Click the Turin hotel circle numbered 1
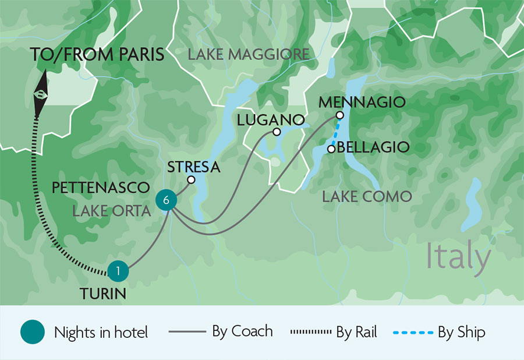[x=118, y=270]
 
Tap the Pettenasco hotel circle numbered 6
[x=167, y=200]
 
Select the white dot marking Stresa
[x=190, y=179]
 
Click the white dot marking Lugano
[x=277, y=132]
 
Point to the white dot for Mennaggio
[x=339, y=115]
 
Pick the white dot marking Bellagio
[x=331, y=149]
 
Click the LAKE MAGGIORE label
[x=248, y=55]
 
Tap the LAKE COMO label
[x=367, y=196]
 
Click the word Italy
[x=458, y=256]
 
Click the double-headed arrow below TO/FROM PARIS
[x=40, y=93]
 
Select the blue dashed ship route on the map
[x=335, y=133]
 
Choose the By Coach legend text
[x=242, y=332]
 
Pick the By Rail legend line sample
[x=310, y=333]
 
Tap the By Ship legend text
[x=462, y=332]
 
